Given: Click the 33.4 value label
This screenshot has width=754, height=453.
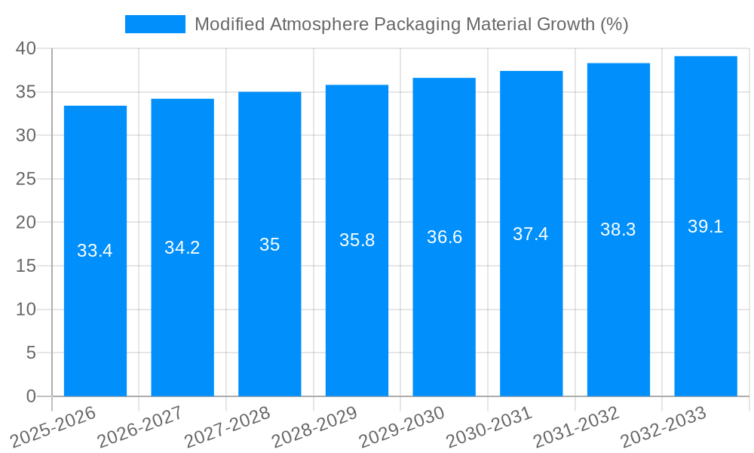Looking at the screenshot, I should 95,251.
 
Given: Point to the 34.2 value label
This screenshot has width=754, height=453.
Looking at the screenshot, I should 182,248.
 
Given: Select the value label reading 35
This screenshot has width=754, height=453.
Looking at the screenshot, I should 269,245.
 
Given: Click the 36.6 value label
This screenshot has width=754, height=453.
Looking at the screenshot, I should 444,237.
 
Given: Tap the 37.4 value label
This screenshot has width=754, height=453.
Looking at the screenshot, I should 531,234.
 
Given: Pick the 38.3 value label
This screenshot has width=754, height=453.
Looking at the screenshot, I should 618,230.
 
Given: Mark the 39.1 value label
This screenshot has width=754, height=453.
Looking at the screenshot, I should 706,226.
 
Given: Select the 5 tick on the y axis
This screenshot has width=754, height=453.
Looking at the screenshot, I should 31,353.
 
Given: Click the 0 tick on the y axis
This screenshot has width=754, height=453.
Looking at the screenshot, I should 31,396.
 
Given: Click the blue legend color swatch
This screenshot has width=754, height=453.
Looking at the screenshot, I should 155,24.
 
